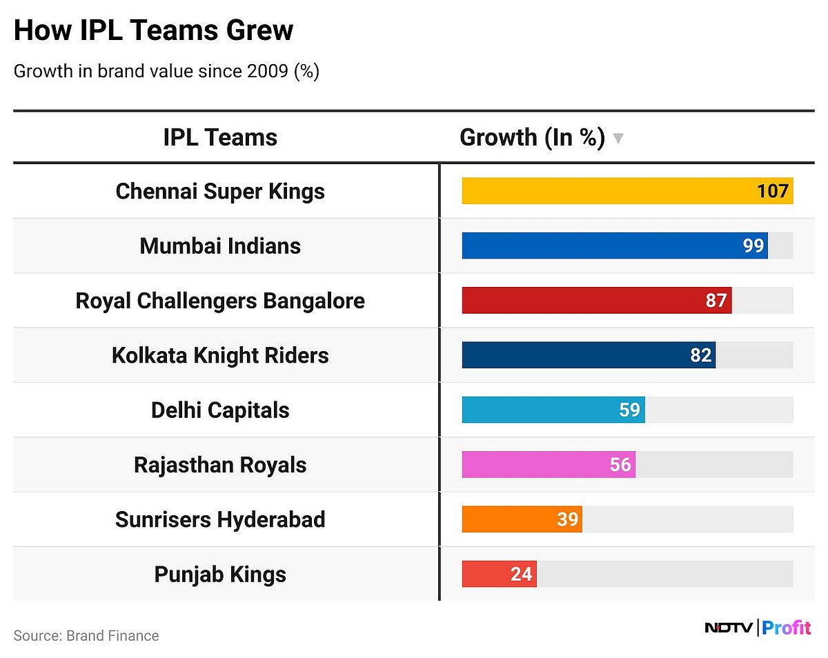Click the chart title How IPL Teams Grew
[153, 31]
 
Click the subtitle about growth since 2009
[166, 72]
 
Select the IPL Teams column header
[220, 137]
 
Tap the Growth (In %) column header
[532, 137]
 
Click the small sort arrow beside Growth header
[618, 139]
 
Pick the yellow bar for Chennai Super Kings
[607, 191]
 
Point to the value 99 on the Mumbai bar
[753, 246]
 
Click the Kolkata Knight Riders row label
[220, 355]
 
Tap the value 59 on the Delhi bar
[629, 410]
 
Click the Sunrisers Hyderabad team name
[220, 519]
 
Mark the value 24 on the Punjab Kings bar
[521, 574]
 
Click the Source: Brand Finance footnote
[86, 635]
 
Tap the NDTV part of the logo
[729, 628]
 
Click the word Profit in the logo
[787, 628]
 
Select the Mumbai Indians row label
[220, 246]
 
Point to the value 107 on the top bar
[772, 191]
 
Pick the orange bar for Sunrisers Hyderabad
[511, 519]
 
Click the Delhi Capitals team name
[220, 410]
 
